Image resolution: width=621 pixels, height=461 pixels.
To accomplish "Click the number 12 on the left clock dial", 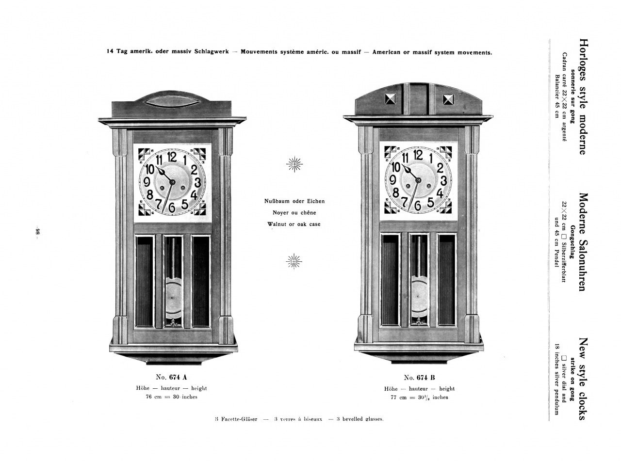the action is (x=172, y=157).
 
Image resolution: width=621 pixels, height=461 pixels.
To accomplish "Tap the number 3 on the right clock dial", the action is (x=443, y=181).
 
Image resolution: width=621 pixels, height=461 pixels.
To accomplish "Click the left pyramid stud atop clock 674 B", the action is (x=390, y=99).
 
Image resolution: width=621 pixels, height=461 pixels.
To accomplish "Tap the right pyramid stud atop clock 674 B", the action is (x=448, y=99).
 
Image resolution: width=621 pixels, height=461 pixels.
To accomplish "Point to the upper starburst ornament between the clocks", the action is (x=294, y=164).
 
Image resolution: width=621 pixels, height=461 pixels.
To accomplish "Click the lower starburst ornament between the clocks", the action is (x=294, y=261).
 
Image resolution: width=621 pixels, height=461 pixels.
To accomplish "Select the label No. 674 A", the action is (x=171, y=377).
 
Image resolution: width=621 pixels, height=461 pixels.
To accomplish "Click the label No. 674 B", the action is (x=419, y=378).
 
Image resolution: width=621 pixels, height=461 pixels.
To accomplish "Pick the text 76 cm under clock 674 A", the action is (x=154, y=397).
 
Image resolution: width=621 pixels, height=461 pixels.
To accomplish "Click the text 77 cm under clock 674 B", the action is (x=399, y=397).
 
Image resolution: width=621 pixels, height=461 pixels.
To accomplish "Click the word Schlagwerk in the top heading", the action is (x=213, y=52).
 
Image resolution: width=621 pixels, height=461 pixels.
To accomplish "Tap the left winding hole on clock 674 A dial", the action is (x=162, y=188).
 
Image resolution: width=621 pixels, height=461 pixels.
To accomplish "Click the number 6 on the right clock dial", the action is (x=417, y=206).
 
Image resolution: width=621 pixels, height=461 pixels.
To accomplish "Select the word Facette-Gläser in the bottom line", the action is (x=239, y=419).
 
